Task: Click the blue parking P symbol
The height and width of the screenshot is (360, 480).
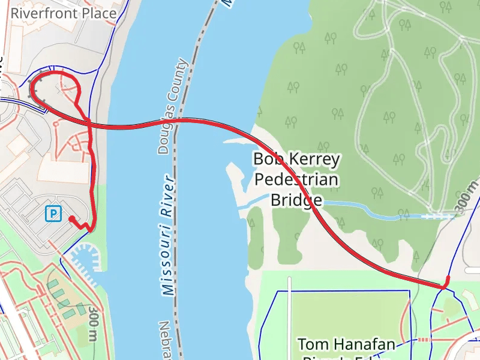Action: (53, 213)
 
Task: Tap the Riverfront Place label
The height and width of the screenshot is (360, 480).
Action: (64, 13)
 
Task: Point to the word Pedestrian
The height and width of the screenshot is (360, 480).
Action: (296, 179)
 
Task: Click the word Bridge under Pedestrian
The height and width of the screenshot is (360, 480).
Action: (296, 199)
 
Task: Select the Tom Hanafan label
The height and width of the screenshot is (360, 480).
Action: (346, 344)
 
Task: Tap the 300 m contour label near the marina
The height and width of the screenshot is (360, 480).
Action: (93, 323)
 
